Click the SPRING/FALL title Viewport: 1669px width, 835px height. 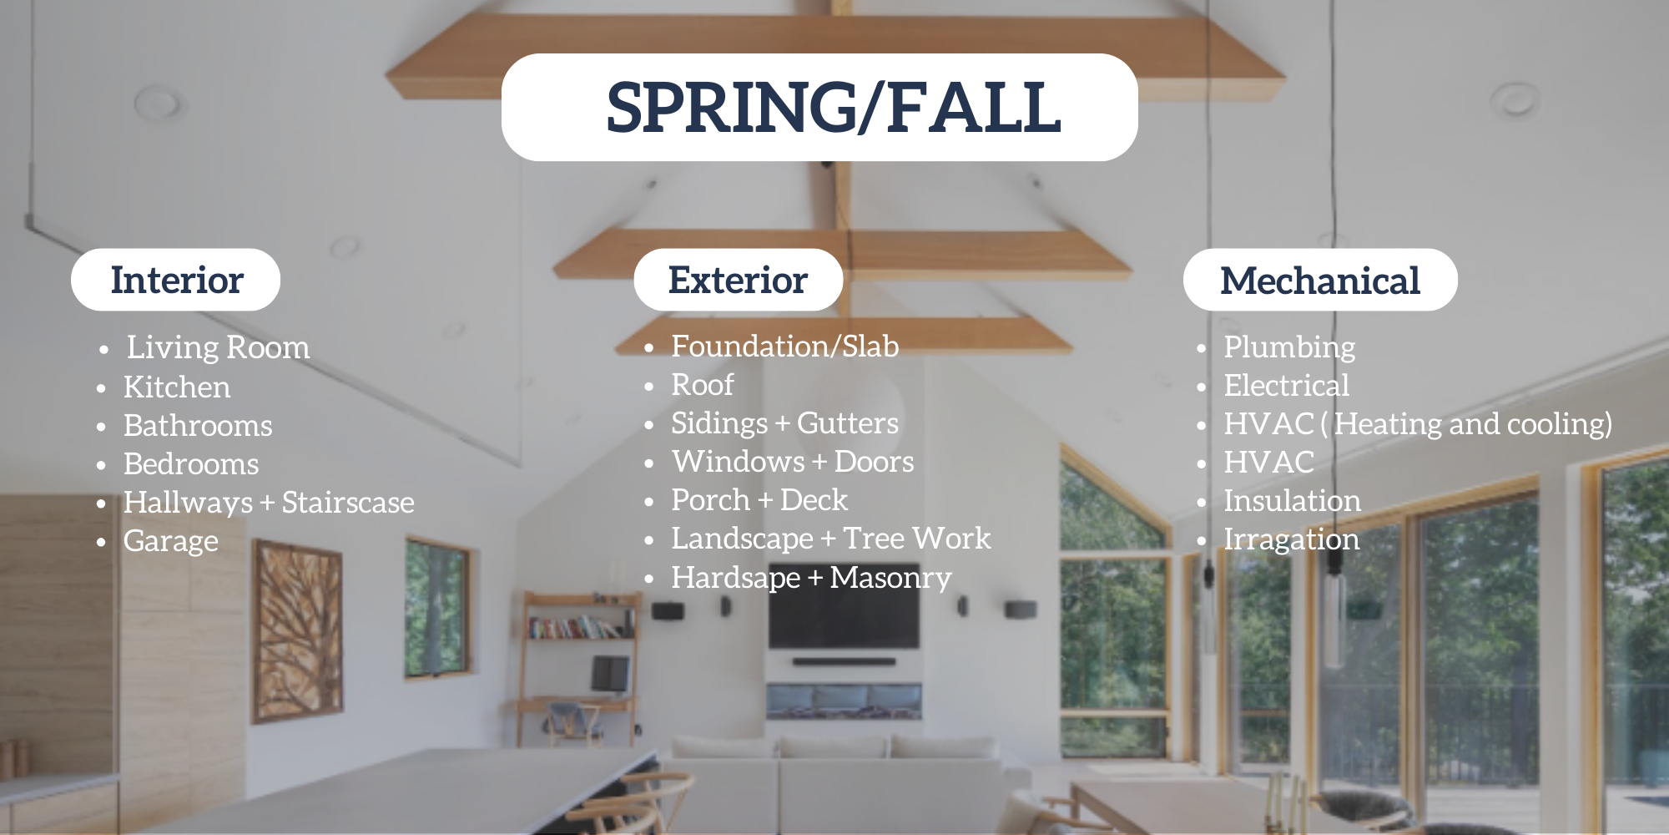[833, 108]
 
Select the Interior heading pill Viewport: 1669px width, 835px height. [176, 280]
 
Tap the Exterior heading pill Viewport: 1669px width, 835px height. [738, 280]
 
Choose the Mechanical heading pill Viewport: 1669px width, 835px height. [1319, 280]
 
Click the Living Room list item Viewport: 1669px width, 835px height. [218, 347]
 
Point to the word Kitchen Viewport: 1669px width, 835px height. [177, 387]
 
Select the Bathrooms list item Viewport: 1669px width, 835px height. [198, 425]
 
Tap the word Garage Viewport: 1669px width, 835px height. [170, 541]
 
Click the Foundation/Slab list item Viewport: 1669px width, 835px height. [784, 346]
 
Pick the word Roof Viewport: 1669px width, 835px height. [703, 385]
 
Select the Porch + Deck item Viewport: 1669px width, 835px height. [759, 500]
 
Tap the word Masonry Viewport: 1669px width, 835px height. [890, 578]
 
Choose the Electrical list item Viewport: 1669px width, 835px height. [1286, 386]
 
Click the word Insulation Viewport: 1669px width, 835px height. [1292, 501]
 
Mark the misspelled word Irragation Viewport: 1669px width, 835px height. [1291, 539]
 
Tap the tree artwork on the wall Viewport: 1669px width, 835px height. [297, 630]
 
